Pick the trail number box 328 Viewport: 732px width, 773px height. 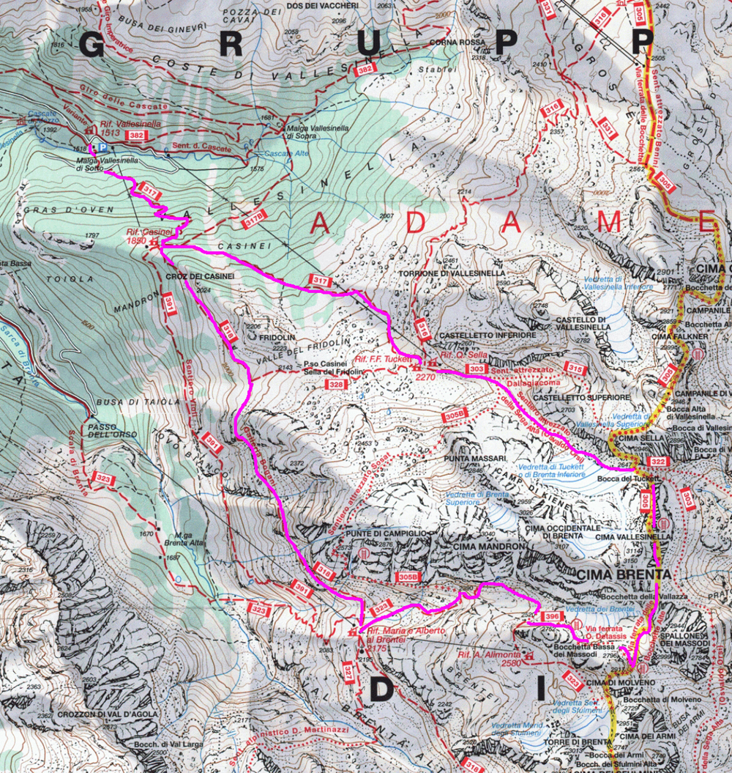[x=336, y=384]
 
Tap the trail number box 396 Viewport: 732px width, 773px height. [x=553, y=617]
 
